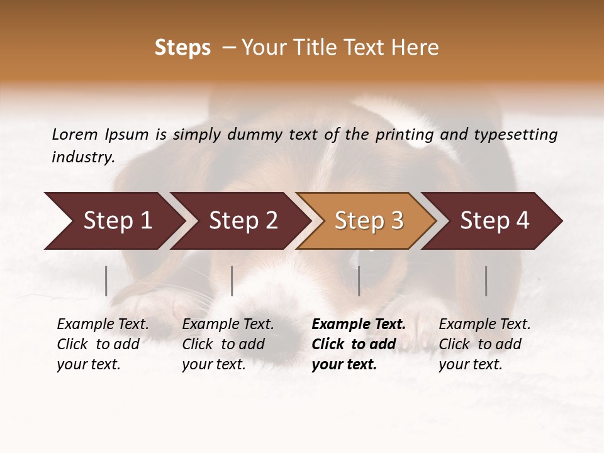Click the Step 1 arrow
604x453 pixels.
pyautogui.click(x=117, y=221)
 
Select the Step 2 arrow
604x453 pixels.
pyautogui.click(x=243, y=221)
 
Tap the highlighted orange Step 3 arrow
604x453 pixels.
pyautogui.click(x=369, y=221)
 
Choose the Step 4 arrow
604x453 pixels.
pyautogui.click(x=495, y=221)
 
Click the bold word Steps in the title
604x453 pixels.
pyautogui.click(x=182, y=48)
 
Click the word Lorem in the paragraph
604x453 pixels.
pyautogui.click(x=74, y=135)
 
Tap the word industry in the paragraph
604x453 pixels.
pyautogui.click(x=82, y=157)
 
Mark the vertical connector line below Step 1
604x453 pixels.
pyautogui.click(x=106, y=281)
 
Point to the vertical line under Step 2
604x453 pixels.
pyautogui.click(x=232, y=281)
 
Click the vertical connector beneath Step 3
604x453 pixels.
pyautogui.click(x=359, y=281)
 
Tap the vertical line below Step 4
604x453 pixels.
pyautogui.click(x=486, y=281)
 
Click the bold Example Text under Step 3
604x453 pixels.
pyautogui.click(x=359, y=325)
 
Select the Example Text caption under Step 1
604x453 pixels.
pyautogui.click(x=103, y=325)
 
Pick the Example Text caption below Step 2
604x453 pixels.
pyautogui.click(x=228, y=325)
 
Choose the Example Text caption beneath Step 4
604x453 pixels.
pyautogui.click(x=484, y=325)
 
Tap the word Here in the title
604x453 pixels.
pyautogui.click(x=414, y=48)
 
